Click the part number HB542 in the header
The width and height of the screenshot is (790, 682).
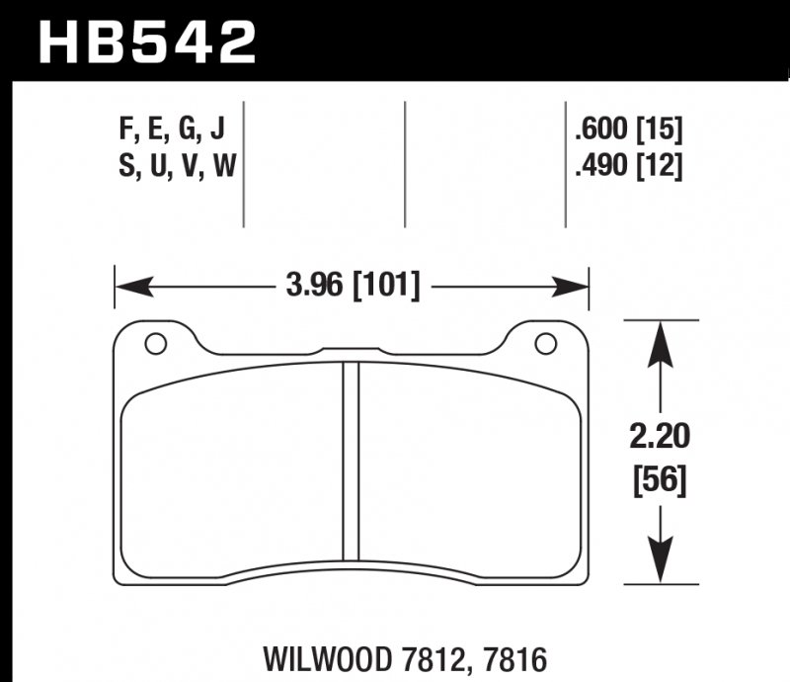click(x=145, y=41)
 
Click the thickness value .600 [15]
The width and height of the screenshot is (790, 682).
click(x=628, y=129)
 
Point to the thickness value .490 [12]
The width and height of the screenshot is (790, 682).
click(x=628, y=167)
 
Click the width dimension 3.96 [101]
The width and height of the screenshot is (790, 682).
click(x=353, y=288)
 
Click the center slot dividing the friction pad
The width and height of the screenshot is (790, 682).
click(x=350, y=461)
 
